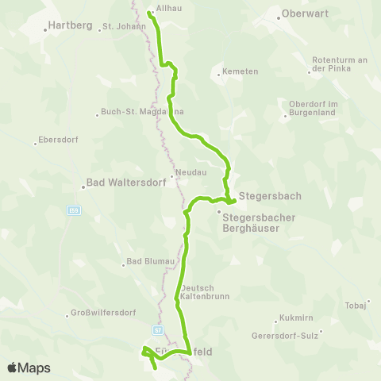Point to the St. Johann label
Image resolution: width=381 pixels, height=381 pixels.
pos(125,26)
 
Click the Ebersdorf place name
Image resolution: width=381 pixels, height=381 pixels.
pos(56,143)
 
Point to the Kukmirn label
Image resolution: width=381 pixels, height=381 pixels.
pos(295,317)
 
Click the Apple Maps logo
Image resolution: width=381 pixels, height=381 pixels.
pos(29,368)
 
